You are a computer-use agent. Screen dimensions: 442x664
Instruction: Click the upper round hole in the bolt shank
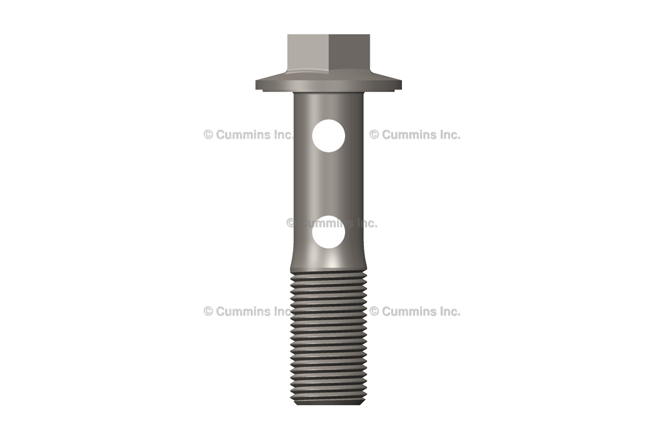[x=328, y=135]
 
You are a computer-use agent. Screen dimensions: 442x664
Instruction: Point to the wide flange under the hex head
[x=328, y=84]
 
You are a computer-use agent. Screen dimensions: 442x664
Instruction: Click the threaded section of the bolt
[x=328, y=337]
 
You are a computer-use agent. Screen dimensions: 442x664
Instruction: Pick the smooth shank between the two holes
[x=328, y=185]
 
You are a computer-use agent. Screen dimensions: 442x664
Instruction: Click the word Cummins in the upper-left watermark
[x=243, y=135]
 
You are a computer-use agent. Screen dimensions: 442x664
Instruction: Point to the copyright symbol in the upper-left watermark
[x=208, y=135]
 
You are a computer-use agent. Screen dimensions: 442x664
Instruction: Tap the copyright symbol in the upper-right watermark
[x=374, y=135]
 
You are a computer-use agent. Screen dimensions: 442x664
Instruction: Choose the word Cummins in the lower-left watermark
[x=243, y=311]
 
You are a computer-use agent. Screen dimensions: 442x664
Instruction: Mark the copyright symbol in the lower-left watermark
[x=208, y=311]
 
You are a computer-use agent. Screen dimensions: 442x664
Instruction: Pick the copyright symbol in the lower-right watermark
[x=374, y=311]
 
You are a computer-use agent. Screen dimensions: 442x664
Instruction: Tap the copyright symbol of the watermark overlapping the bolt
[x=291, y=223]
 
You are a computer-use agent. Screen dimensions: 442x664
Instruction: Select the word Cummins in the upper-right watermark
[x=409, y=135]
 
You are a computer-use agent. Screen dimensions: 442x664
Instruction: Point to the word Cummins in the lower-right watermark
[x=409, y=311]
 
